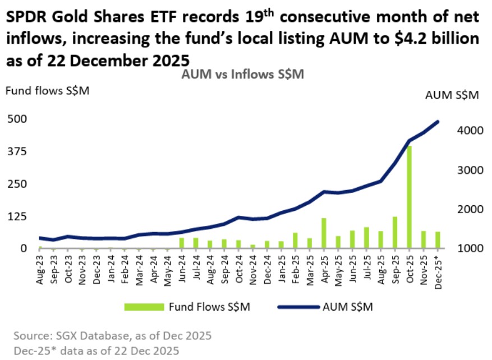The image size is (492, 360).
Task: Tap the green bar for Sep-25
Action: (395, 232)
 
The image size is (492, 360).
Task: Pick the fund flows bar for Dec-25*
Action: (438, 239)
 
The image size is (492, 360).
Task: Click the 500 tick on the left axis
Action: (16, 119)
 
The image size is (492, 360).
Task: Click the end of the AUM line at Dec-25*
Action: (438, 122)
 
